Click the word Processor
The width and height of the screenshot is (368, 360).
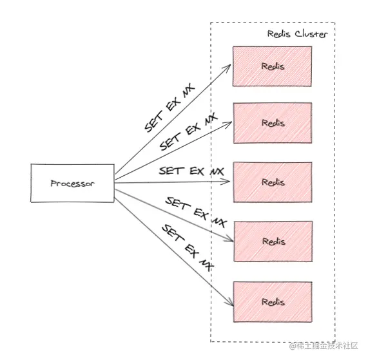click(73, 184)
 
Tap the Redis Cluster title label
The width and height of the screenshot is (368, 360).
click(297, 34)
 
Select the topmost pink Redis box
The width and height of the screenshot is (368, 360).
click(272, 66)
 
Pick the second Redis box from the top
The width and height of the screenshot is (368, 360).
click(273, 123)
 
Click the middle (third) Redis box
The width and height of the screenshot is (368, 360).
click(273, 182)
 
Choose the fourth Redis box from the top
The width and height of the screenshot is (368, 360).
click(273, 242)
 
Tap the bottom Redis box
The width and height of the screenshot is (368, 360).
click(273, 302)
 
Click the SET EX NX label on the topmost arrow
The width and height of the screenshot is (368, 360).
click(169, 108)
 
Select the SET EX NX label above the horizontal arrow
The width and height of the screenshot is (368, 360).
click(191, 171)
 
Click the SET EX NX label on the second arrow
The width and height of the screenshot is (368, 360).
click(189, 132)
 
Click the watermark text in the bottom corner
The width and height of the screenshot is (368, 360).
click(324, 346)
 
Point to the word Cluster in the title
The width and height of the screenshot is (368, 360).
click(311, 34)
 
